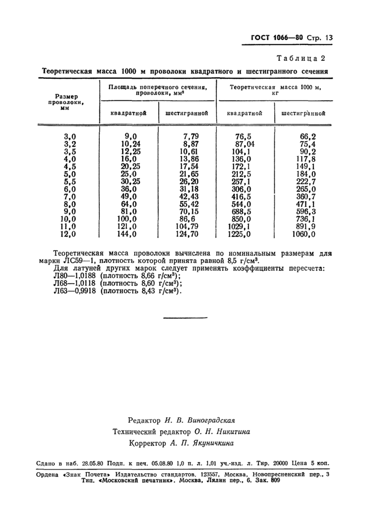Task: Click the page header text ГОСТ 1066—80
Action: point(275,38)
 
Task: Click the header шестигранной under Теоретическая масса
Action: point(303,113)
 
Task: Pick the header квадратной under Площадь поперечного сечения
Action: point(128,113)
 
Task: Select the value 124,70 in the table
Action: point(187,234)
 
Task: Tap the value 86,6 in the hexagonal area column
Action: point(189,219)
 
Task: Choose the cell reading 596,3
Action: point(307,211)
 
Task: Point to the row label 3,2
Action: point(70,143)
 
